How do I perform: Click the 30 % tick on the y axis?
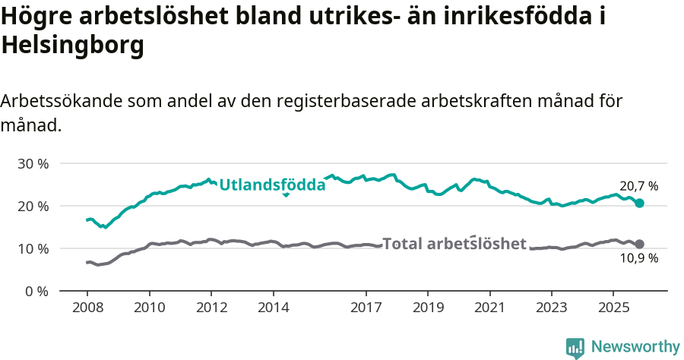pos(33,163)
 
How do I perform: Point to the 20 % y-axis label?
pos(33,206)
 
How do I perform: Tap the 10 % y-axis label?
pos(33,248)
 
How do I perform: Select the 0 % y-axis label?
pos(36,291)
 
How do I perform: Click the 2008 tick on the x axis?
pos(87,309)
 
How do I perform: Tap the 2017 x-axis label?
pos(366,309)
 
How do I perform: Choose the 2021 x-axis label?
pos(490,309)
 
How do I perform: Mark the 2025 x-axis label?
pos(613,309)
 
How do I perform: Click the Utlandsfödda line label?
pos(272,185)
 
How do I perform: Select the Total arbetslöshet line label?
pos(454,244)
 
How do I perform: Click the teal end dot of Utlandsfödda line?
pos(640,203)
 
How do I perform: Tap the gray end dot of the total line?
pos(640,244)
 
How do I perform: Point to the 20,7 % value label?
pos(638,185)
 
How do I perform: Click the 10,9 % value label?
pos(638,258)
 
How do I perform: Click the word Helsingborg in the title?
pos(73,46)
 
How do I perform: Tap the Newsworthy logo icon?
pos(575,348)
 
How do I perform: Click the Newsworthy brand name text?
pos(635,347)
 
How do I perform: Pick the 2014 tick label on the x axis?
pos(274,309)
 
